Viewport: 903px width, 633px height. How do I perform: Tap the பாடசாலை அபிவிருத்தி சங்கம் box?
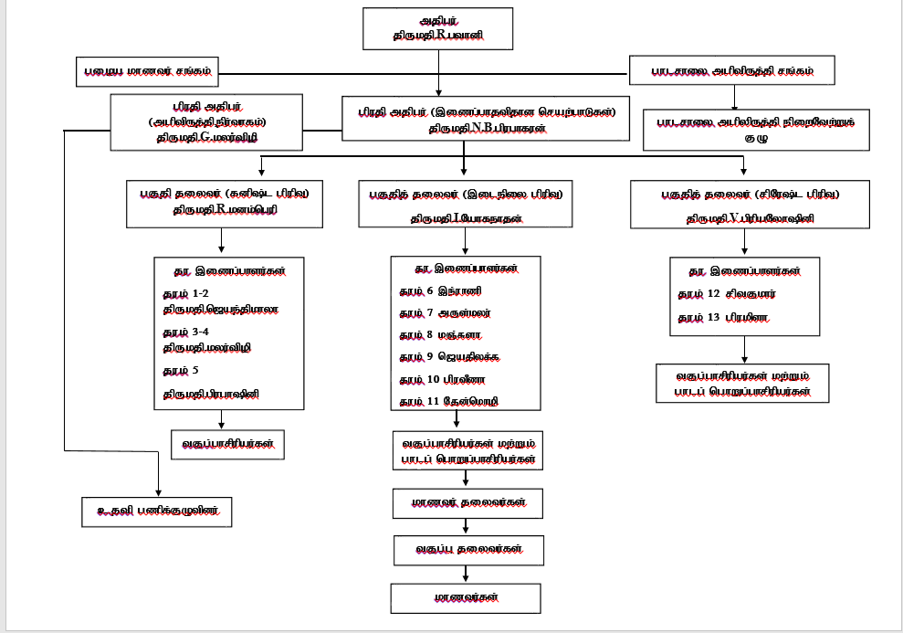[732, 69]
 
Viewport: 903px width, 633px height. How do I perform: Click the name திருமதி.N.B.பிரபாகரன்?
[488, 130]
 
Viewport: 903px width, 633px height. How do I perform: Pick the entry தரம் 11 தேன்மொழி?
[448, 401]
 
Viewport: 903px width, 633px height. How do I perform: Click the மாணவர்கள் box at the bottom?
[466, 597]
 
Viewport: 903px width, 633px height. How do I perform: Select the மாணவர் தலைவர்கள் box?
[466, 502]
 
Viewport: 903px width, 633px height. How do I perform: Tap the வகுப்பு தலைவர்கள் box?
[466, 550]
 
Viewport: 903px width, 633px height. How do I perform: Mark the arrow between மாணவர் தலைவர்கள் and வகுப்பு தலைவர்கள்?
[466, 526]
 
